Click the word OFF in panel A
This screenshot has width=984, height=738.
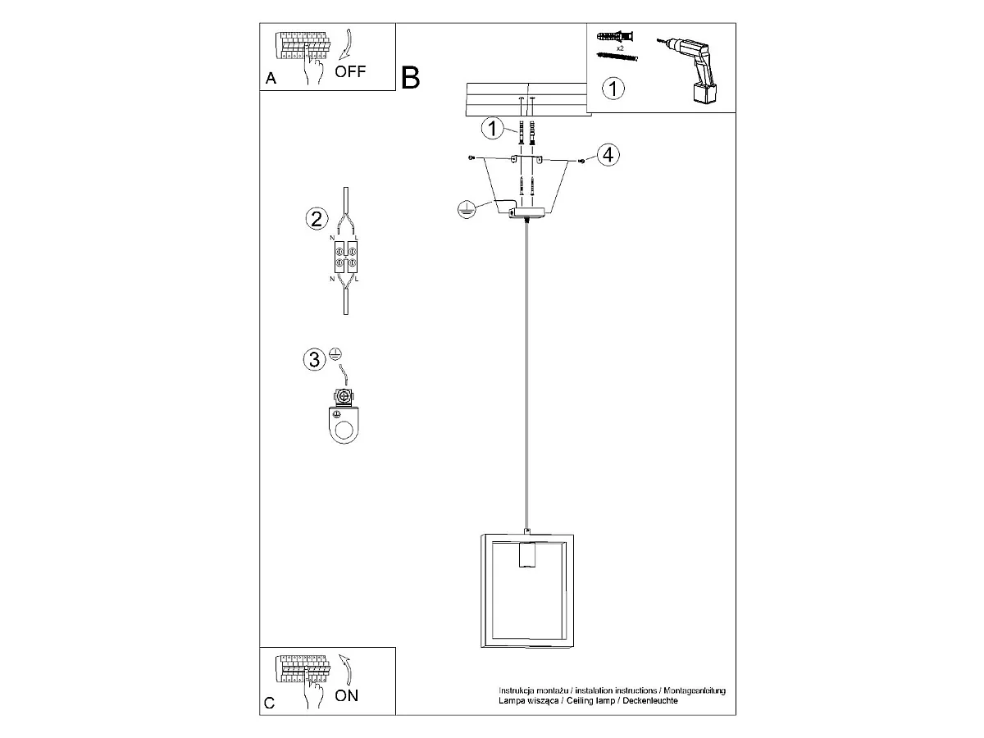pyautogui.click(x=350, y=71)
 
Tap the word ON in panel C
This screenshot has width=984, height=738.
pyautogui.click(x=347, y=695)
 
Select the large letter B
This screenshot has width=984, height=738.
pyautogui.click(x=410, y=78)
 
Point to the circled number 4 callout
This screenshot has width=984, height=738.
pyautogui.click(x=608, y=155)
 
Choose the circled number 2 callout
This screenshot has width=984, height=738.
pyautogui.click(x=317, y=220)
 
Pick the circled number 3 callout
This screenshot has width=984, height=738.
pyautogui.click(x=315, y=360)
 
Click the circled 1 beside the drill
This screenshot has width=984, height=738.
pyautogui.click(x=613, y=89)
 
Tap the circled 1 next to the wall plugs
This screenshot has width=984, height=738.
pyautogui.click(x=493, y=129)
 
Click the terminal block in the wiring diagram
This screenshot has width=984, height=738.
pyautogui.click(x=346, y=257)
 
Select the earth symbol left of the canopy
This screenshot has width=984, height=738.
pyautogui.click(x=467, y=210)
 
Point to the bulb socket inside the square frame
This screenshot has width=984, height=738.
pyautogui.click(x=527, y=556)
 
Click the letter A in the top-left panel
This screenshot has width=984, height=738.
pyautogui.click(x=271, y=79)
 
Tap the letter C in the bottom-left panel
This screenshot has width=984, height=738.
pyautogui.click(x=270, y=703)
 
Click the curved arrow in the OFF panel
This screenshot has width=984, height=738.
pyautogui.click(x=346, y=44)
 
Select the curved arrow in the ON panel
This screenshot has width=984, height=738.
pyautogui.click(x=347, y=670)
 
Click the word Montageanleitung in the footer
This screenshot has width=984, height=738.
pyautogui.click(x=695, y=690)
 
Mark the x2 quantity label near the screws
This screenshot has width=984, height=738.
pyautogui.click(x=620, y=48)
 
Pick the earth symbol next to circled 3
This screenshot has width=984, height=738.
pyautogui.click(x=335, y=354)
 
